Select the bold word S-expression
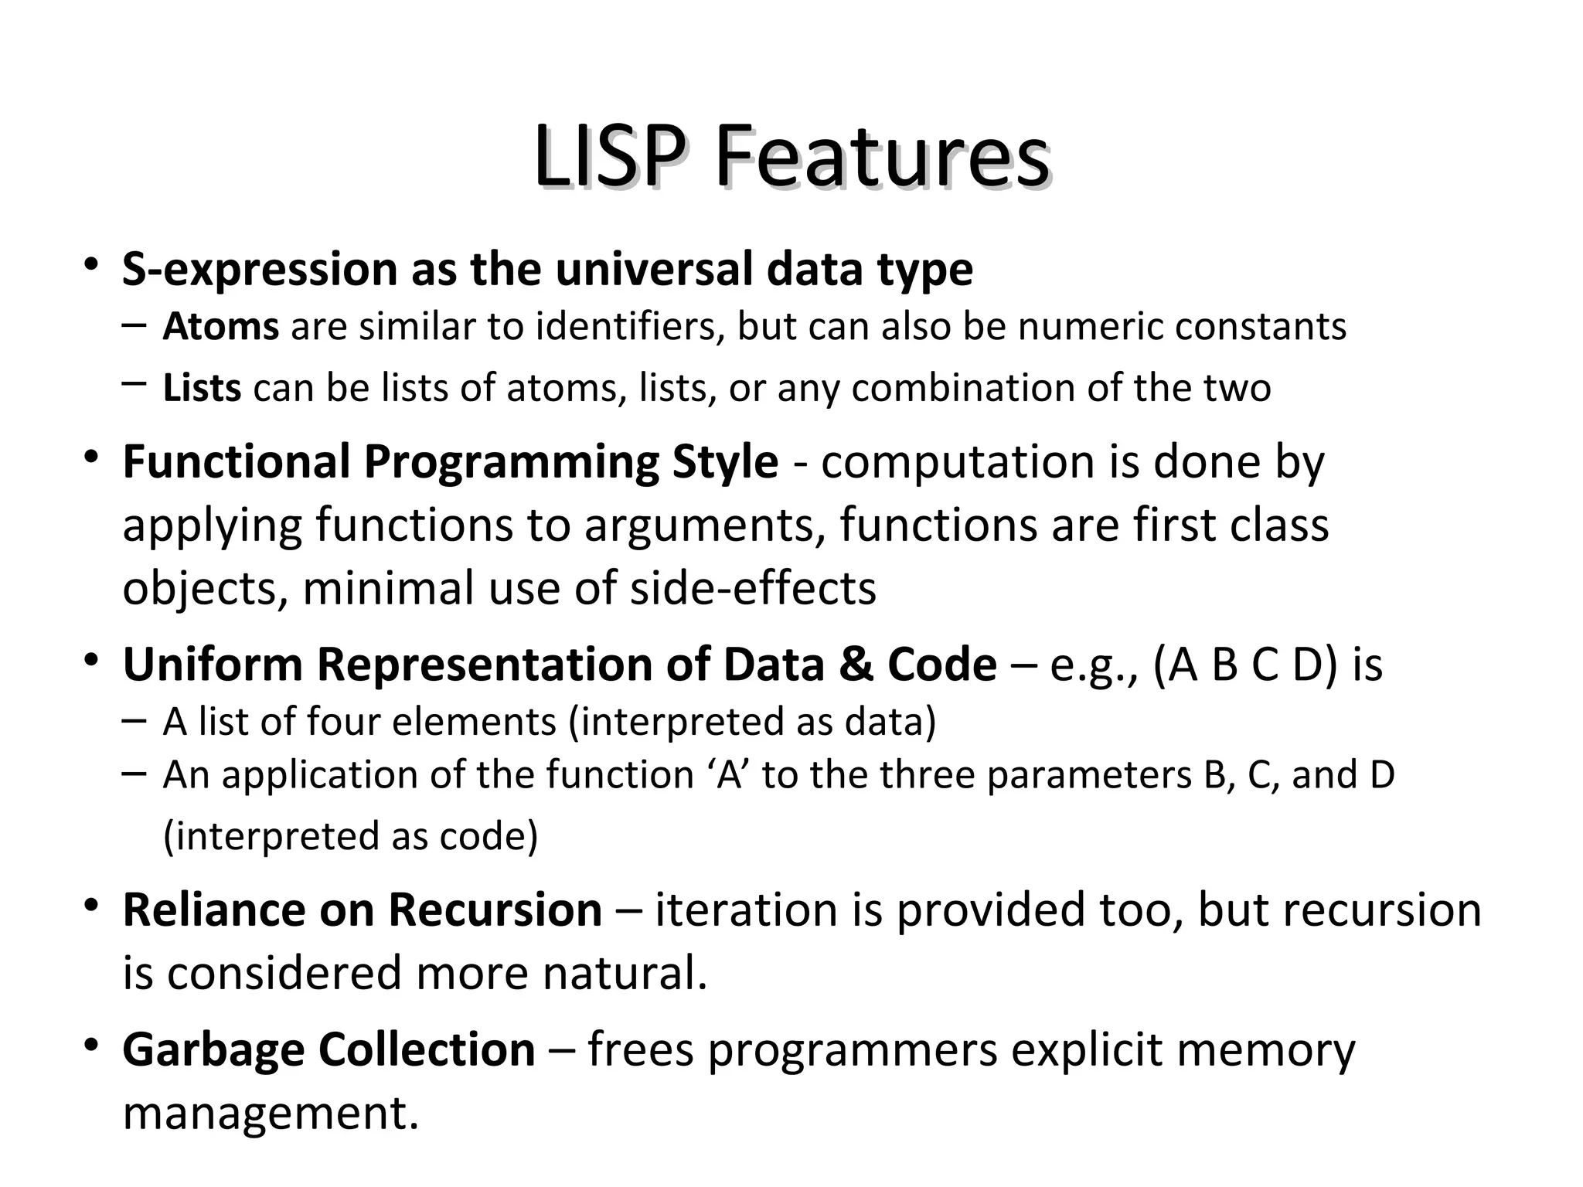[x=260, y=270]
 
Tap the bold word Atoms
[x=220, y=327]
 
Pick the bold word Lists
[x=202, y=388]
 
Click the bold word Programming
[x=511, y=462]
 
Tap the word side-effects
[x=753, y=588]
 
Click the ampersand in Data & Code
[x=856, y=665]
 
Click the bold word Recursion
[x=495, y=910]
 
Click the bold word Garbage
[x=214, y=1050]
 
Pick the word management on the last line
[x=271, y=1114]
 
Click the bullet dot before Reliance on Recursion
[x=92, y=905]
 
